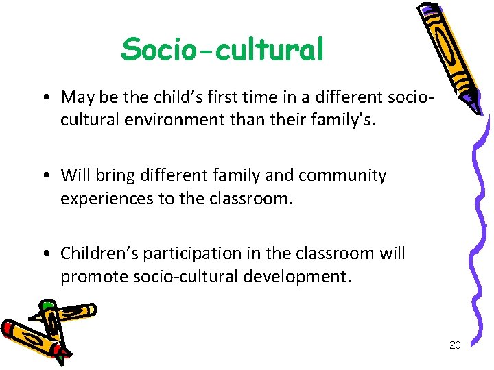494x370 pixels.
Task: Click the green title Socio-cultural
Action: coord(222,49)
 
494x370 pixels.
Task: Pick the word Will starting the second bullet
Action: coord(74,175)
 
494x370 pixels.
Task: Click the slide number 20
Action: coord(454,345)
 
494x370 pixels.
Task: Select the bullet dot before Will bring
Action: coord(43,176)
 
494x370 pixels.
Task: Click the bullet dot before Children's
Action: coord(43,254)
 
